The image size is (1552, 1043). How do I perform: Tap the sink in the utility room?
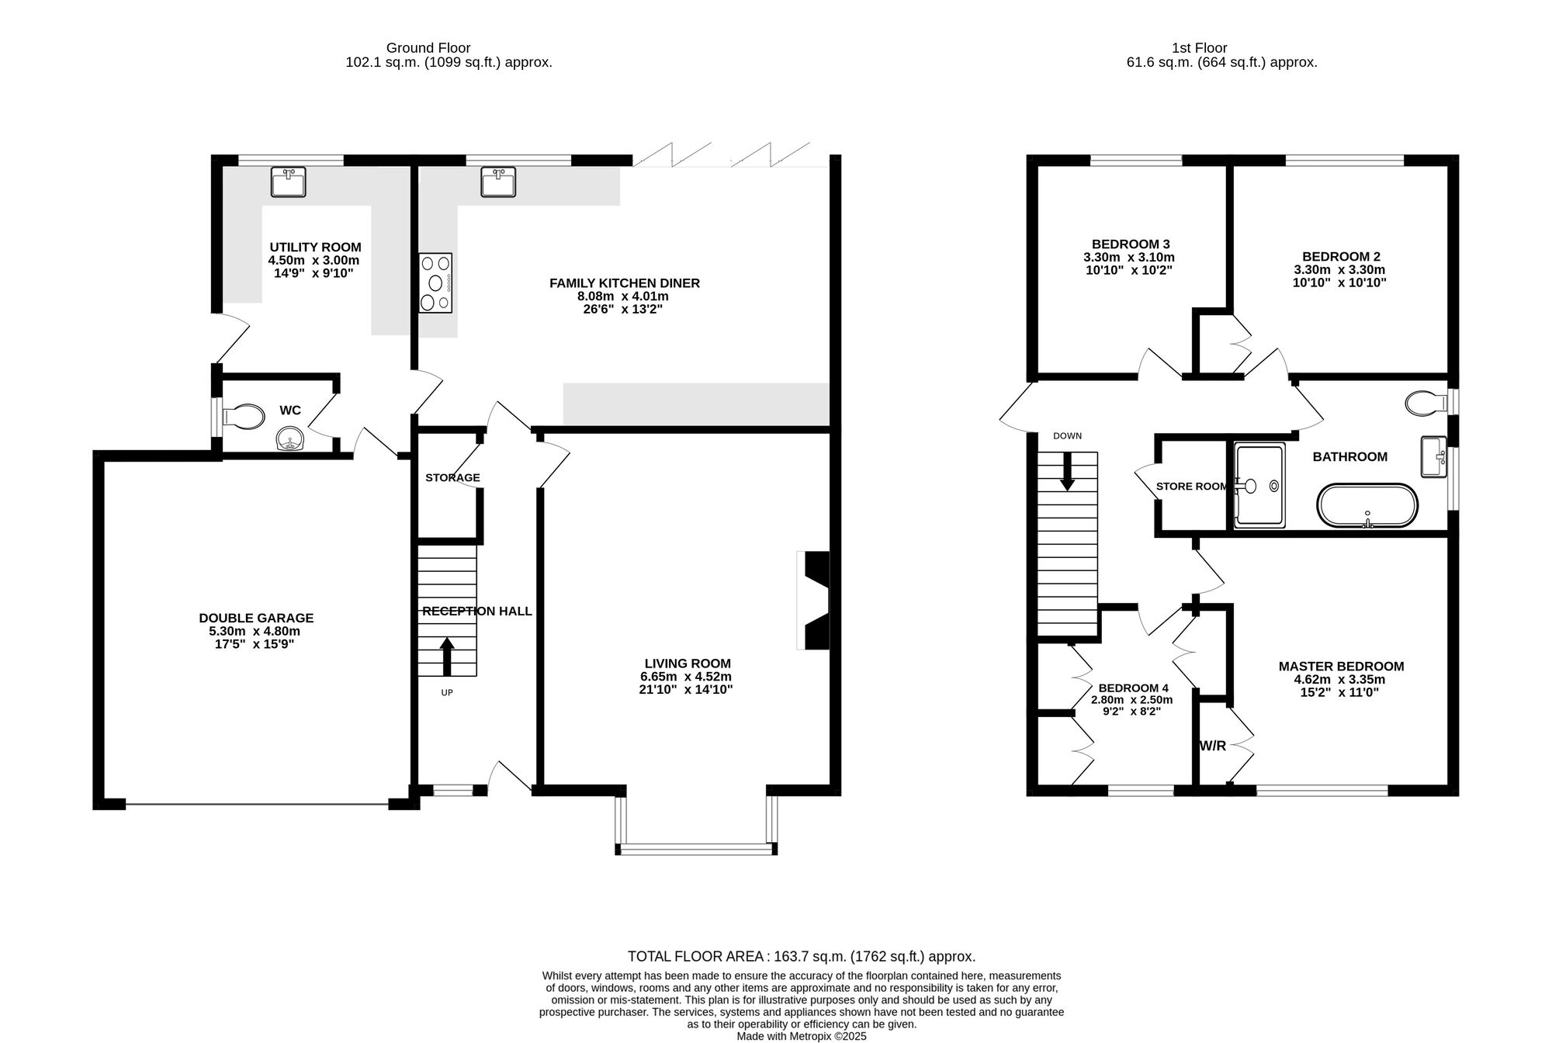288,182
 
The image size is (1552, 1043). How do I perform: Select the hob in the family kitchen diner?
435,282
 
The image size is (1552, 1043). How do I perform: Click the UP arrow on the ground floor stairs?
447,657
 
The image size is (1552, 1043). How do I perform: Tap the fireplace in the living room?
816,601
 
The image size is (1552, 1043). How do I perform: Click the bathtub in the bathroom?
1367,506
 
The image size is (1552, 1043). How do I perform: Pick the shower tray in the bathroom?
1259,486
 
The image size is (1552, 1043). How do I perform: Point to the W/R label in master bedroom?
1213,747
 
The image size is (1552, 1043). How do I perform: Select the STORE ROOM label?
1192,487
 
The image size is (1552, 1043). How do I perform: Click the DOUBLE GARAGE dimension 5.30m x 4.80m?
256,631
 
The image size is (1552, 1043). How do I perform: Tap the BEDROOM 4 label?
1133,688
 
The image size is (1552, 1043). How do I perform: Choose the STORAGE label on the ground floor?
452,477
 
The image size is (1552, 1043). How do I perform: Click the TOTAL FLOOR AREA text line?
801,956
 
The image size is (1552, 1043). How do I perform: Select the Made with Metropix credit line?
801,1036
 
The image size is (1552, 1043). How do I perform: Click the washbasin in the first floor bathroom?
1432,456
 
